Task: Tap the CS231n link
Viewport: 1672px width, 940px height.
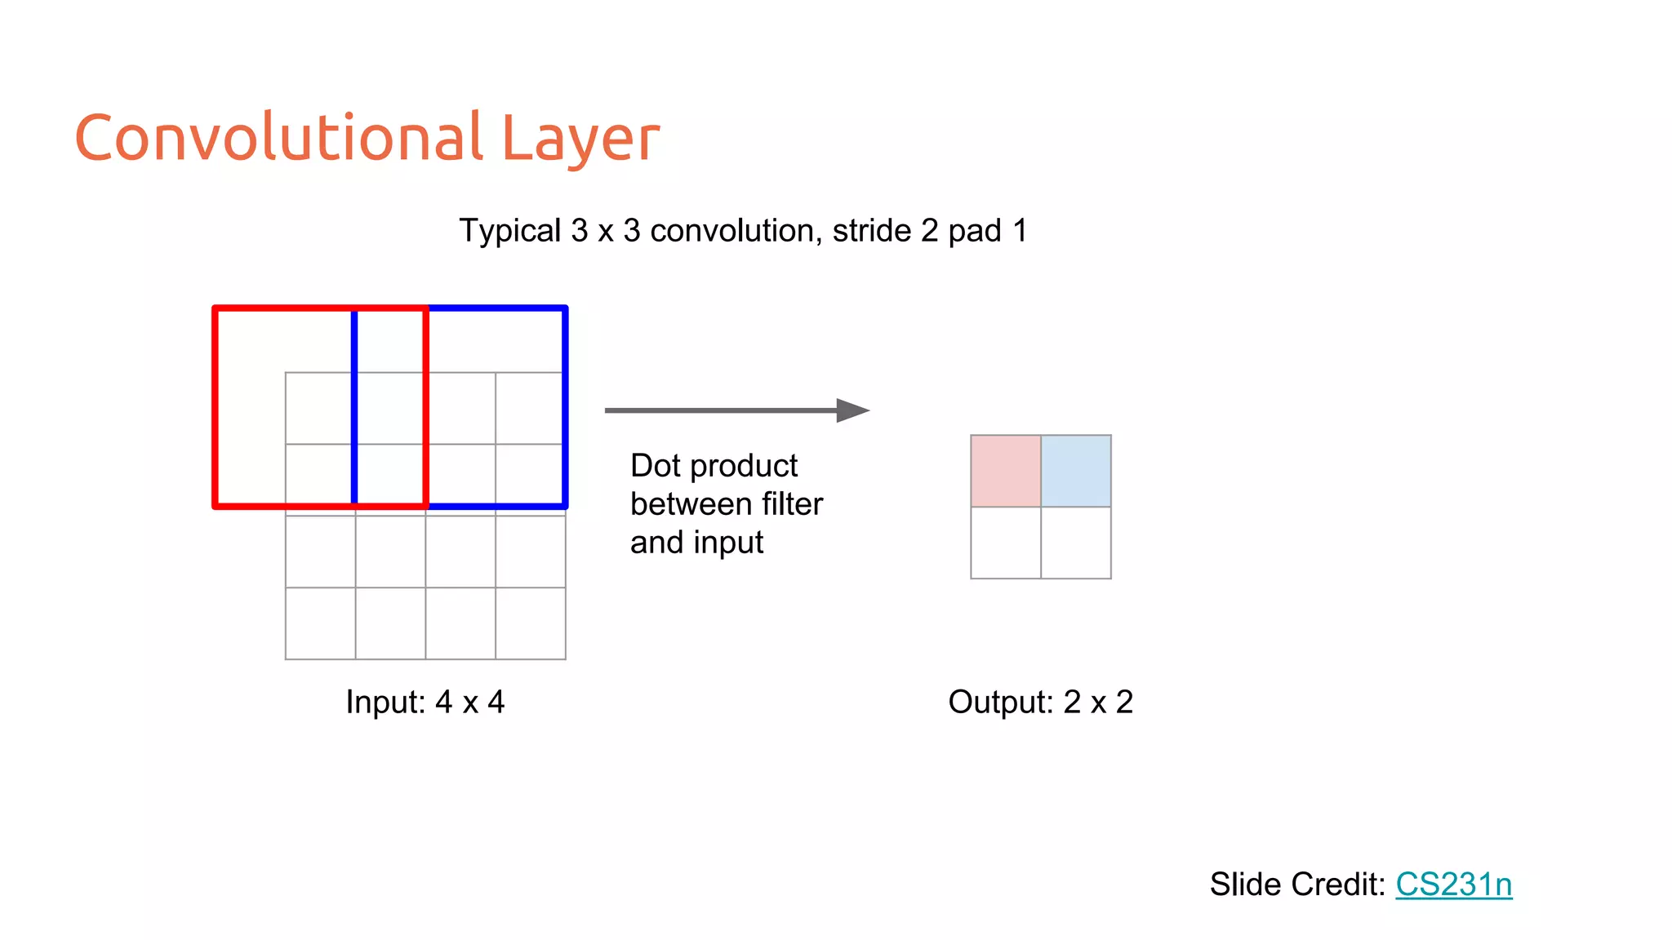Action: click(x=1453, y=885)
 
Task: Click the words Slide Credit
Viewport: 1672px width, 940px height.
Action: click(x=1296, y=885)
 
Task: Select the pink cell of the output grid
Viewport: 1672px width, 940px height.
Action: click(x=1006, y=471)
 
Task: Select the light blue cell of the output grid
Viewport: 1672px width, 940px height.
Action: click(x=1076, y=471)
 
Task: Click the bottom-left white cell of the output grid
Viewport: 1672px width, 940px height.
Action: click(x=1006, y=543)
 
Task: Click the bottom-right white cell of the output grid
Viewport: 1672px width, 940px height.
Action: click(x=1076, y=543)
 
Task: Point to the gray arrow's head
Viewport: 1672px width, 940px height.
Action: click(x=853, y=410)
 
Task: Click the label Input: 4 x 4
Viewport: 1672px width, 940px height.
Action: click(x=425, y=702)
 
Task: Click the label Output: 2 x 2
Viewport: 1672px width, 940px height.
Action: click(x=1040, y=702)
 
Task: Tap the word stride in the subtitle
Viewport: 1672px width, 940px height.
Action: click(x=872, y=231)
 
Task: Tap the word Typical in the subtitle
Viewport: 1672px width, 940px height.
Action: click(x=510, y=232)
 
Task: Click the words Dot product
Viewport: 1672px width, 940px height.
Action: click(x=714, y=466)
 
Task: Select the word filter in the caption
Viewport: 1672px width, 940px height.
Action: click(x=792, y=504)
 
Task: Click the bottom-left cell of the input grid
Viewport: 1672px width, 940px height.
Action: click(x=320, y=623)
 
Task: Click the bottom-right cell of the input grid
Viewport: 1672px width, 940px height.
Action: click(x=531, y=623)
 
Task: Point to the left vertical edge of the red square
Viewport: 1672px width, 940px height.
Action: click(x=216, y=408)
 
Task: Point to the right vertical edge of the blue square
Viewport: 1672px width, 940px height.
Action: click(x=565, y=408)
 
